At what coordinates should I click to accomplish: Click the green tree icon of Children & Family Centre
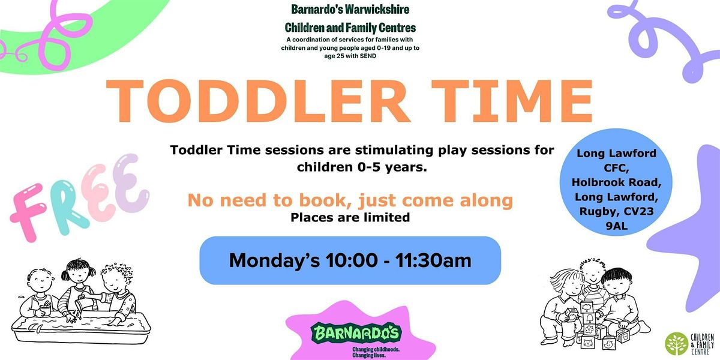[x=676, y=343]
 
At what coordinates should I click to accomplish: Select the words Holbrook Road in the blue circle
[x=616, y=182]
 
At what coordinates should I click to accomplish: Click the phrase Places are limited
[x=350, y=218]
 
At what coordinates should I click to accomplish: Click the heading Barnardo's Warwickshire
[x=350, y=10]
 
